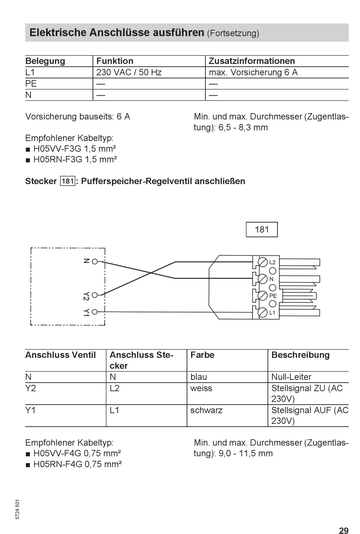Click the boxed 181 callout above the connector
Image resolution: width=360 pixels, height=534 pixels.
tap(261, 230)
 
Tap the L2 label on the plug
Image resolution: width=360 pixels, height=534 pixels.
tap(272, 262)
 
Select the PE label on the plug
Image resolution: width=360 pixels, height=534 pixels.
tap(273, 296)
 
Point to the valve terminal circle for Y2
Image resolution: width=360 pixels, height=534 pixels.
tap(95, 295)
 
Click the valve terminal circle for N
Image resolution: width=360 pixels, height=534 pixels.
tap(95, 261)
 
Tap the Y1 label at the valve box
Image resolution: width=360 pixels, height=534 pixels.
tap(86, 312)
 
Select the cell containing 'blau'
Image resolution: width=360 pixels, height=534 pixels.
tap(199, 377)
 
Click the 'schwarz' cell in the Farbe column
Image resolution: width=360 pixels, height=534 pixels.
tap(206, 410)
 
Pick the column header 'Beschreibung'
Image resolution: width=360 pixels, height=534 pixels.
tap(300, 355)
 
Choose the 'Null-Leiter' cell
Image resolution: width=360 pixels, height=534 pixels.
tap(291, 377)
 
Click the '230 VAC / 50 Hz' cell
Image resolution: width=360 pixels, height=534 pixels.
tap(129, 72)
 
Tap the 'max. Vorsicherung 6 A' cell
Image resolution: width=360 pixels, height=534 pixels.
tap(253, 72)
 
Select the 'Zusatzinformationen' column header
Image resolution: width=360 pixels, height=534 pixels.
tap(252, 61)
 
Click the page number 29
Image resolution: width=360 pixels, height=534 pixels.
tap(343, 531)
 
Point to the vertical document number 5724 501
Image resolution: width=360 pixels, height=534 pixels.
tap(17, 509)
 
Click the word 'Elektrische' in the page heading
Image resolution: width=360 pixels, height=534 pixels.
tap(58, 33)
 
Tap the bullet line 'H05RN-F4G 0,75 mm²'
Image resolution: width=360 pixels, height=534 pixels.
tap(77, 464)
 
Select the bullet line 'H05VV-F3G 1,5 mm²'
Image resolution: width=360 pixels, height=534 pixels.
tap(74, 149)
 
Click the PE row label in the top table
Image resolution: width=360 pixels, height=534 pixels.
tap(31, 84)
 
